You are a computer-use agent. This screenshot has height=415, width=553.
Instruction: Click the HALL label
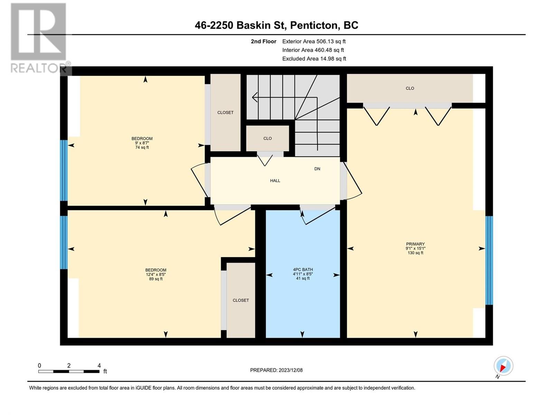coord(275,181)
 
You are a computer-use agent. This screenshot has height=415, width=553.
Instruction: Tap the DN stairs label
coord(317,169)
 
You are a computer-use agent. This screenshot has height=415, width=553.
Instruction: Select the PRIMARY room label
coord(415,244)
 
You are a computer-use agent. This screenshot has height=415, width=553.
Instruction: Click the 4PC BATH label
coord(302,269)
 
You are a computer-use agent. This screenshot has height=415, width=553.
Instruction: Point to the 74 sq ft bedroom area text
coord(142,147)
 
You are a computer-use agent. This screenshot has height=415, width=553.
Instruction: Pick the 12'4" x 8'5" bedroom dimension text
coord(156,274)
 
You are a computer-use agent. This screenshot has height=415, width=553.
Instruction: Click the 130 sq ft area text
coord(415,253)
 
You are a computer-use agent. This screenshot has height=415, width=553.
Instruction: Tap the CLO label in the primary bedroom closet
coord(410,88)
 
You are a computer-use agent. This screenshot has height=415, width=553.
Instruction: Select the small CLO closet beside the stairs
coord(268,138)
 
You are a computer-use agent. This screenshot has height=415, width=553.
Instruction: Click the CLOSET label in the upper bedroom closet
coord(225,113)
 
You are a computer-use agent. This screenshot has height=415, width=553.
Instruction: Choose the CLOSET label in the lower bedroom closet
coord(241,300)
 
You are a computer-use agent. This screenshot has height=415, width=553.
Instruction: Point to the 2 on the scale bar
coord(68,365)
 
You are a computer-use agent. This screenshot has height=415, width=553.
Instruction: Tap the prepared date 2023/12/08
coord(290,370)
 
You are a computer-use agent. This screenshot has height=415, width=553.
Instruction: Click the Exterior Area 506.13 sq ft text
coord(314,41)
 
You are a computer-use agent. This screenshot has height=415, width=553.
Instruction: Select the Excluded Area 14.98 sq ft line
coord(314,59)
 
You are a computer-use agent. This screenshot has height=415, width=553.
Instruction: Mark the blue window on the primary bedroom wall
coord(489,260)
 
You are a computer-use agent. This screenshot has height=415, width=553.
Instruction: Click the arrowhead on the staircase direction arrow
coord(255,97)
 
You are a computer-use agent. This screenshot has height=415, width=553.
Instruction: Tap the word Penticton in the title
coord(315,25)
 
